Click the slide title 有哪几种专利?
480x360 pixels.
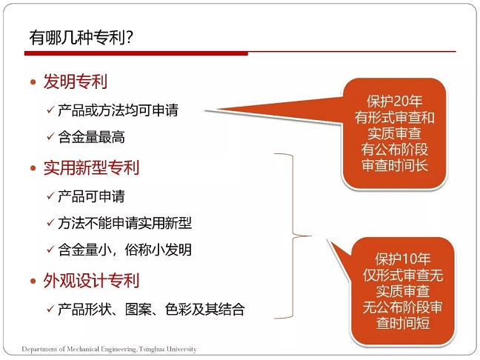point(81,37)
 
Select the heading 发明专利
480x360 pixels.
point(76,81)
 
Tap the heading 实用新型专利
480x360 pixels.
point(91,167)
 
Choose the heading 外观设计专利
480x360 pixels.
point(91,280)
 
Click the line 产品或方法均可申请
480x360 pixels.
point(118,110)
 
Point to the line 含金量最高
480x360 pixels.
point(91,137)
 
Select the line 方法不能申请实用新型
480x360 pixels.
point(124,223)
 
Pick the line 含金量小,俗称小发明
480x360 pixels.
point(124,250)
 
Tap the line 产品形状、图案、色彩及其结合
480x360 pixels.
point(151,309)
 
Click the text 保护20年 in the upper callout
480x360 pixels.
point(394,101)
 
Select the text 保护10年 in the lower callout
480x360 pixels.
point(403,259)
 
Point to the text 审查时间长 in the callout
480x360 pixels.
point(394,165)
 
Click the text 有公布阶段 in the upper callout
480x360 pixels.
point(394,150)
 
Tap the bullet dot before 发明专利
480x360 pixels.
point(33,82)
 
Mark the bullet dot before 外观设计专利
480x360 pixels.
point(33,281)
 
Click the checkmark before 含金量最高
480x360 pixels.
point(50,136)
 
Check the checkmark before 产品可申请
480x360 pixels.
point(50,196)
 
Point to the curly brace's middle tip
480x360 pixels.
point(311,236)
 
